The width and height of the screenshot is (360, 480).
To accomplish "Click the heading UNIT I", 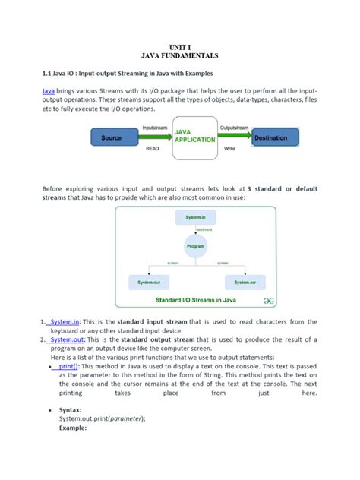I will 179,46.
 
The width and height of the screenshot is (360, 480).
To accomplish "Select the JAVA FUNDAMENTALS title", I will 179,56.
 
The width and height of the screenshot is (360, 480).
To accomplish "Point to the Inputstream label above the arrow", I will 154,128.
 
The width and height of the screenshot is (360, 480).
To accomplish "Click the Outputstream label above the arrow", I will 232,128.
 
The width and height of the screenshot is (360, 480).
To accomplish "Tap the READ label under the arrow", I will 153,150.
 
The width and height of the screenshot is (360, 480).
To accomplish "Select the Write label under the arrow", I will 230,150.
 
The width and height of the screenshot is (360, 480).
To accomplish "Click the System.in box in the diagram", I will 195,218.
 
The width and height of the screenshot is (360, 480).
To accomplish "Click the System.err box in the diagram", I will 245,282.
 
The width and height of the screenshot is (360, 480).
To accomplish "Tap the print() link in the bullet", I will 70,366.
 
